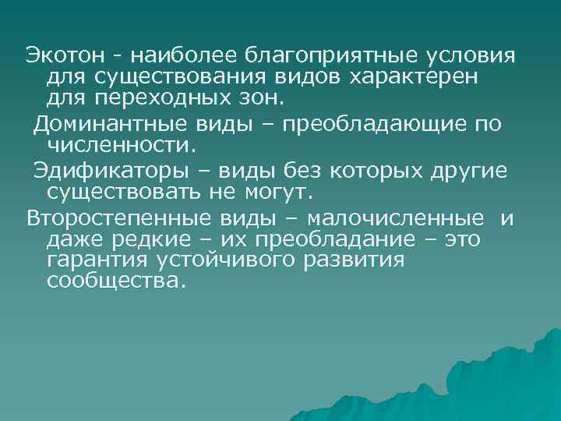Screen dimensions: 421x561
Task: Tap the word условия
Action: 473,56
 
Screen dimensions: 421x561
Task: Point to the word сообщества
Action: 118,281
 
